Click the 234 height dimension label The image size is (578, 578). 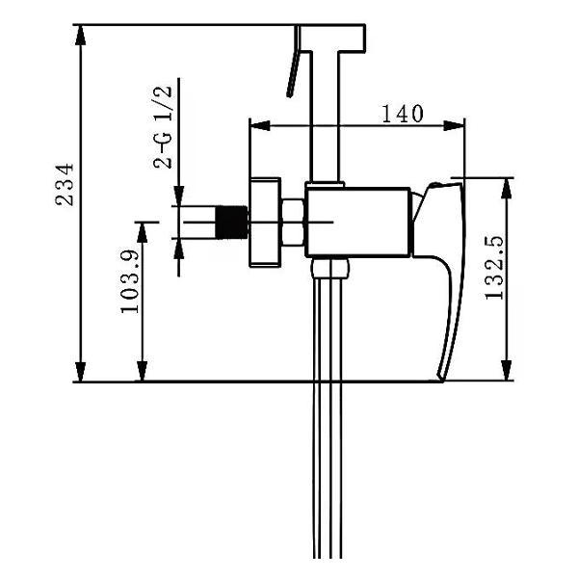pyautogui.click(x=65, y=184)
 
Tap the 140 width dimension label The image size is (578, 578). pyautogui.click(x=403, y=114)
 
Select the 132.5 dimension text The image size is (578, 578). pyautogui.click(x=494, y=268)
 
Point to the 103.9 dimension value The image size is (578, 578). pyautogui.click(x=130, y=281)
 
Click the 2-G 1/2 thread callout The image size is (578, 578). pyautogui.click(x=163, y=127)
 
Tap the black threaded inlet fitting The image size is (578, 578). pyautogui.click(x=231, y=223)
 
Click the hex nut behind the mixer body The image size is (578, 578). pyautogui.click(x=293, y=223)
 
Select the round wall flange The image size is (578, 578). pyautogui.click(x=265, y=223)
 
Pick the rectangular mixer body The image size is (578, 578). pyautogui.click(x=357, y=223)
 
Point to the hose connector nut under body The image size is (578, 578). pyautogui.click(x=329, y=268)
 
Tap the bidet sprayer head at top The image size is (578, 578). pyautogui.click(x=332, y=38)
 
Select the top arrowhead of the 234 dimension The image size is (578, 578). pyautogui.click(x=80, y=35)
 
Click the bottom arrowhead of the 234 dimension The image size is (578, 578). pyautogui.click(x=80, y=372)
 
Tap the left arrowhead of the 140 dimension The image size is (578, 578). pyautogui.click(x=260, y=125)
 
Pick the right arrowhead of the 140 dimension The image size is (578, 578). pyautogui.click(x=454, y=125)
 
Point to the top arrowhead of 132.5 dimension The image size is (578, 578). pyautogui.click(x=508, y=188)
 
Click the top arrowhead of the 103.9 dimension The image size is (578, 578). pyautogui.click(x=143, y=232)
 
